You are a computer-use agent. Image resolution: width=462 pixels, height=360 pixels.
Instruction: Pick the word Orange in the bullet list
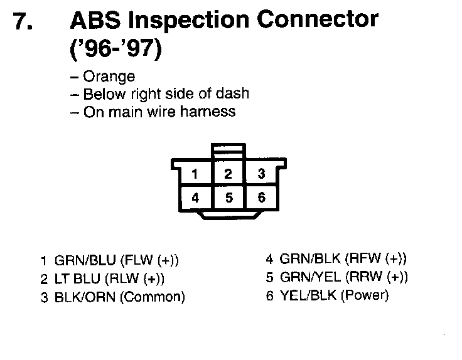tap(109, 77)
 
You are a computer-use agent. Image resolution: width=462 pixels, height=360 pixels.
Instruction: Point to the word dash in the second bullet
tap(234, 94)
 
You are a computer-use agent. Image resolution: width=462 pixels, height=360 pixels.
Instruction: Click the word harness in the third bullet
tap(210, 112)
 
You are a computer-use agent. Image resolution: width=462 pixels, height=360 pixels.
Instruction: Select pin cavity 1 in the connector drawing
tap(195, 174)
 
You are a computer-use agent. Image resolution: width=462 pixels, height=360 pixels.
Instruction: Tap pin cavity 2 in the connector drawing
tap(228, 174)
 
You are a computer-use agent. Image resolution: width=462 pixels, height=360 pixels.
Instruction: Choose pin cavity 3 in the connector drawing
tap(262, 174)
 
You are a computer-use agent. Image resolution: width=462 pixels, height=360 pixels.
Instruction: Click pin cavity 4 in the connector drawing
tap(195, 198)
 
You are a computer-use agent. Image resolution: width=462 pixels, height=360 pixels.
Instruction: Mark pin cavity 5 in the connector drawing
tap(228, 198)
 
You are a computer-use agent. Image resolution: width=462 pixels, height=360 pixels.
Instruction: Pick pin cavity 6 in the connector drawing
tap(262, 198)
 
